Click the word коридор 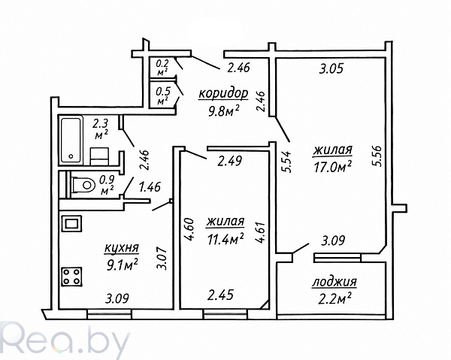coord(223,94)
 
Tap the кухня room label coord(122,249)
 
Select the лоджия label coord(334,282)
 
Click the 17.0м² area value coord(333,167)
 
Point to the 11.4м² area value coord(225,239)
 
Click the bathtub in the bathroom coord(71,140)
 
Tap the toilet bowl coord(83,185)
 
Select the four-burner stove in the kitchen coord(71,277)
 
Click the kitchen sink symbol coord(71,224)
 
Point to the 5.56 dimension coord(377,156)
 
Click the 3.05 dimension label coord(331,69)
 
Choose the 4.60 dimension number coord(189,229)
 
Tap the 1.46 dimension coord(150,187)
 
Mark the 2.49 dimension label coord(230,161)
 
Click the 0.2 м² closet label coord(162,67)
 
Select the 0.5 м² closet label coord(163,95)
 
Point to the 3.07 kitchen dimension coord(162,259)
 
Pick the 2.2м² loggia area coord(334,298)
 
